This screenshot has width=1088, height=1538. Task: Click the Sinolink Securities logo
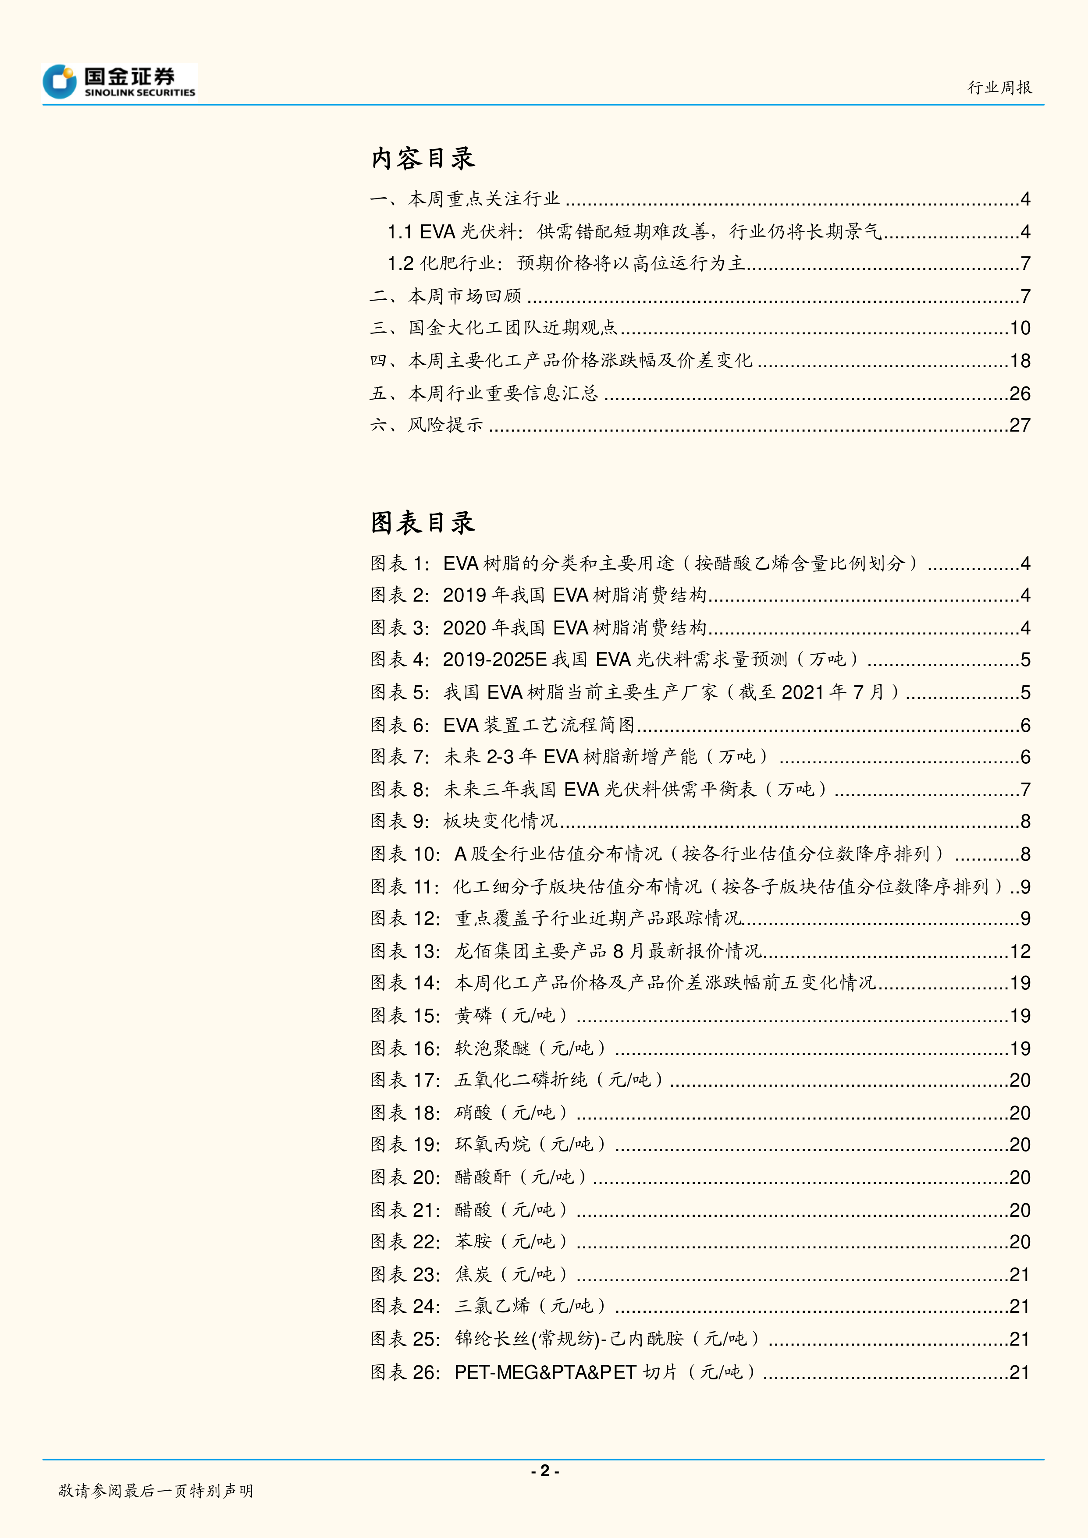click(119, 82)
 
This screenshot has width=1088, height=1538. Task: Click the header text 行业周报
click(999, 88)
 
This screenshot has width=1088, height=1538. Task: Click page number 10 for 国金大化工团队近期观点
click(1020, 328)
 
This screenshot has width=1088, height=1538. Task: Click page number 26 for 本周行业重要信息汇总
click(1020, 393)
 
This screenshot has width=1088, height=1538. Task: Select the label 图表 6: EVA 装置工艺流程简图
click(502, 725)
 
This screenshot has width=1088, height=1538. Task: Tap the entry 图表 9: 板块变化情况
click(464, 821)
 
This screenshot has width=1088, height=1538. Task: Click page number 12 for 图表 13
click(1020, 951)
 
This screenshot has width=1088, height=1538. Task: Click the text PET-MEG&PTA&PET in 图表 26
click(545, 1372)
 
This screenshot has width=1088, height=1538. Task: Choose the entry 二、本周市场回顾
click(445, 296)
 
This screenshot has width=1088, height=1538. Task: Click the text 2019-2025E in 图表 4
click(494, 660)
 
